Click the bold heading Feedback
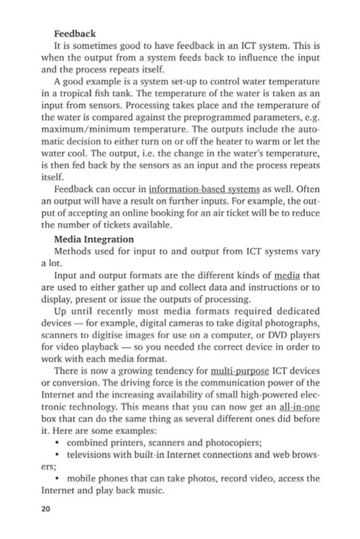(75, 34)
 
